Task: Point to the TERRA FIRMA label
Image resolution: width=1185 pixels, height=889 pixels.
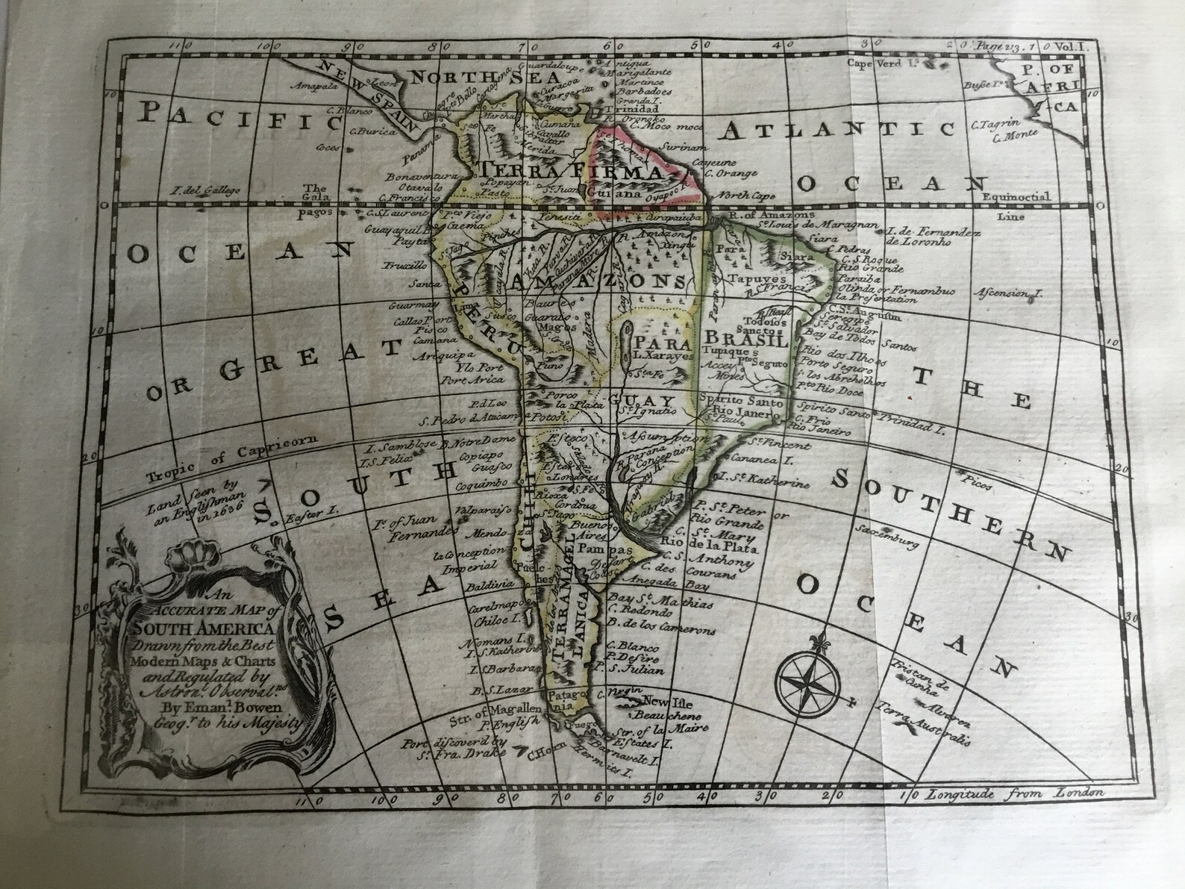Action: [x=571, y=171]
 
